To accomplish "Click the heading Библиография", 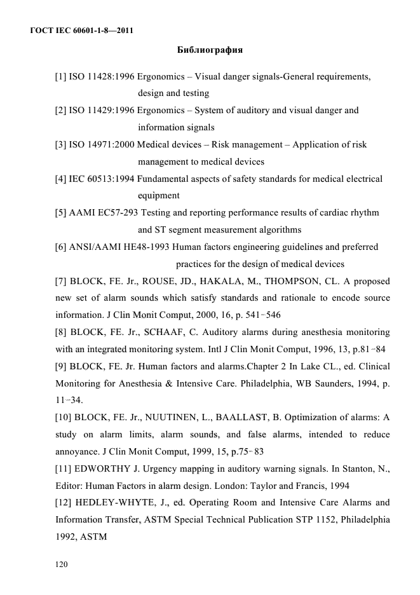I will (209, 49).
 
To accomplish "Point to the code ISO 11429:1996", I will (102, 111).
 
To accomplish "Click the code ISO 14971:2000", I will (102, 145).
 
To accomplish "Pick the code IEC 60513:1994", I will (102, 179).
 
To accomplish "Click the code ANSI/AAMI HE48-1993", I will (119, 247).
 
